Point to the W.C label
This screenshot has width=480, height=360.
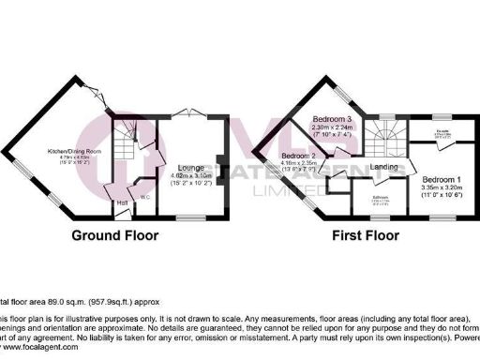pyautogui.click(x=146, y=197)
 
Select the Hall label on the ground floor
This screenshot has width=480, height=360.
pyautogui.click(x=122, y=201)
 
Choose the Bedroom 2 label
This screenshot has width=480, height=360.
pyautogui.click(x=297, y=155)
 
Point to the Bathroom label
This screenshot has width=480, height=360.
pyautogui.click(x=381, y=198)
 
